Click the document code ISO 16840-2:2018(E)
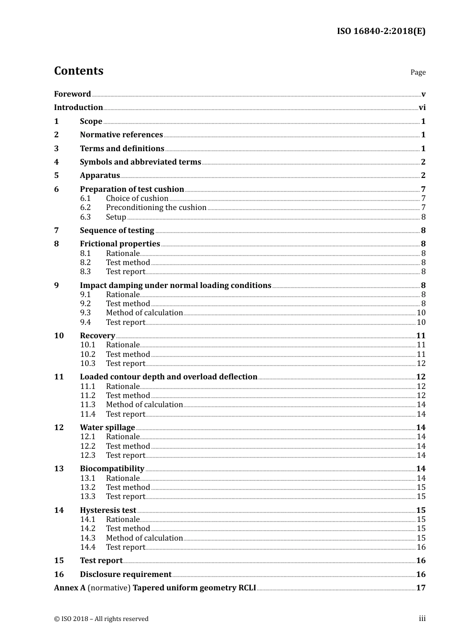[381, 31]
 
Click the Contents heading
[78, 71]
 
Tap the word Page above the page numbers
[418, 72]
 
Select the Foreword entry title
[72, 94]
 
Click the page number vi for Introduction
[422, 108]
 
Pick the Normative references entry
[121, 135]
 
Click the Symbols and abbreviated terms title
[141, 162]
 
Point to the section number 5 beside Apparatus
[56, 176]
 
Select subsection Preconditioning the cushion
[156, 208]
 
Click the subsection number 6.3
[86, 217]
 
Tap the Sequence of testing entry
[117, 231]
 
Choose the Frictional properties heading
[120, 244]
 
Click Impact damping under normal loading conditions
[175, 286]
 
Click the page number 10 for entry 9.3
[421, 313]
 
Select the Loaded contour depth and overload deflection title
[169, 377]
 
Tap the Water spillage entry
[108, 428]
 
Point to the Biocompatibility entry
[112, 469]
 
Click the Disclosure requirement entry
[126, 575]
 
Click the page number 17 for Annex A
[421, 588]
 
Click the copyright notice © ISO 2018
[101, 619]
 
